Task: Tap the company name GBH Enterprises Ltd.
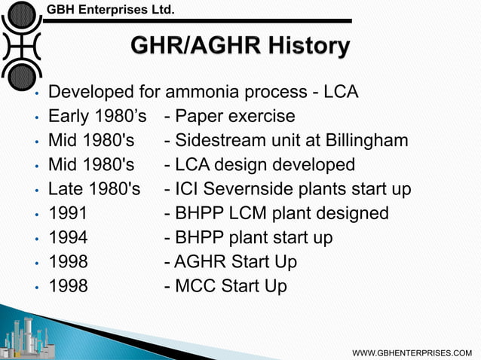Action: [111, 10]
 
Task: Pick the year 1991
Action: [68, 213]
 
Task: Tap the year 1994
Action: [68, 237]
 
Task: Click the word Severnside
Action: [247, 189]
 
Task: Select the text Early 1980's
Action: [97, 117]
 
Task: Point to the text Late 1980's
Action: [94, 189]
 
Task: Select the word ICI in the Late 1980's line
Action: [186, 189]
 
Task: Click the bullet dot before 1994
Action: [35, 239]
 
